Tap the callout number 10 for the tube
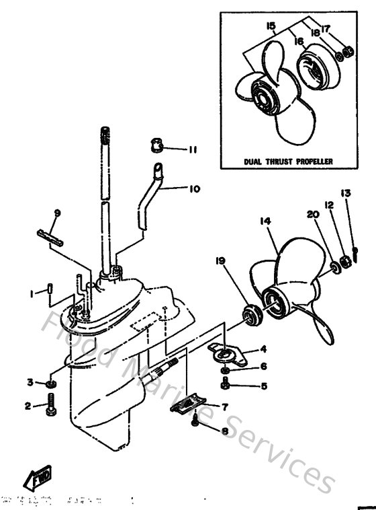[194, 189]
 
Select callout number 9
[57, 213]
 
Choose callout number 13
[345, 193]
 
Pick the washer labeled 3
[52, 383]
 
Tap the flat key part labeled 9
[50, 237]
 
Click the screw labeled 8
[195, 421]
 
